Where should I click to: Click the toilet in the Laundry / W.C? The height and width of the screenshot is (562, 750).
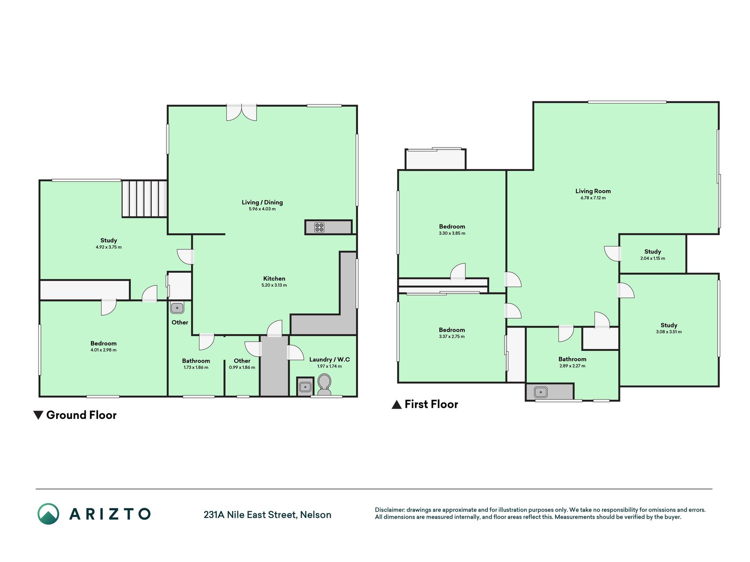324,385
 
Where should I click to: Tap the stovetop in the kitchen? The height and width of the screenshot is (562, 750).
319,227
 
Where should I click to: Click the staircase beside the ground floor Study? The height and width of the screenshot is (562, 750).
145,198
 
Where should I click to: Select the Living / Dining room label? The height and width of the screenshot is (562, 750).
262,202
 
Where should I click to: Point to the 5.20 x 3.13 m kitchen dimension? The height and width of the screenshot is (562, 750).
274,285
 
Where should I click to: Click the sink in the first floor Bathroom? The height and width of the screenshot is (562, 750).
540,392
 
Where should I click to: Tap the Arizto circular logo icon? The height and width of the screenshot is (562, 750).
48,514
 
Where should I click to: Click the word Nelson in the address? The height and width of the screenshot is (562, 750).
315,515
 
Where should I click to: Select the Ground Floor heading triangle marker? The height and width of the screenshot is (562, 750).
38,415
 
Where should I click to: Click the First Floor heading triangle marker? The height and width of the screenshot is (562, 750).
396,404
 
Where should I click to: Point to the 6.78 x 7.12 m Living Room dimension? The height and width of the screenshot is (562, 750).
593,198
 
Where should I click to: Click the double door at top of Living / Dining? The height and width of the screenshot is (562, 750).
241,112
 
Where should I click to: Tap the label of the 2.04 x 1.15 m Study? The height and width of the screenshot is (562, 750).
652,252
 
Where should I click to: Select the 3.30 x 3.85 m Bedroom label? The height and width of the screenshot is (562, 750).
452,227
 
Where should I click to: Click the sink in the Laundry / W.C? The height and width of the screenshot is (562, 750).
305,387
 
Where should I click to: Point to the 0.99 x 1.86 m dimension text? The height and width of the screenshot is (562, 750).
242,367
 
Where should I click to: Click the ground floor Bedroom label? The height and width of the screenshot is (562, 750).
104,343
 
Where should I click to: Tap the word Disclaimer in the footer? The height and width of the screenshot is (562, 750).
389,510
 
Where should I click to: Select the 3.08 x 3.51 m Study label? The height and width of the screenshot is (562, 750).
669,325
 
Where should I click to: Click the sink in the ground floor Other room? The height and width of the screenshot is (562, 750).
177,308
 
